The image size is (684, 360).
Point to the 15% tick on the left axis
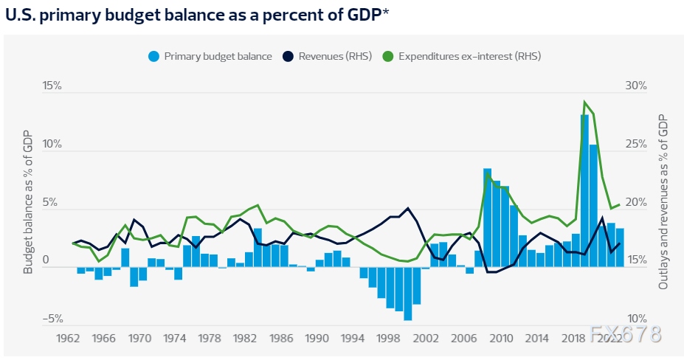coord(52,86)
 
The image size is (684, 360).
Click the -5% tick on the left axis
coord(52,319)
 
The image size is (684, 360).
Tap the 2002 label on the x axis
coord(426,338)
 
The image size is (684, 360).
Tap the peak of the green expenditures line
coord(584,103)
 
